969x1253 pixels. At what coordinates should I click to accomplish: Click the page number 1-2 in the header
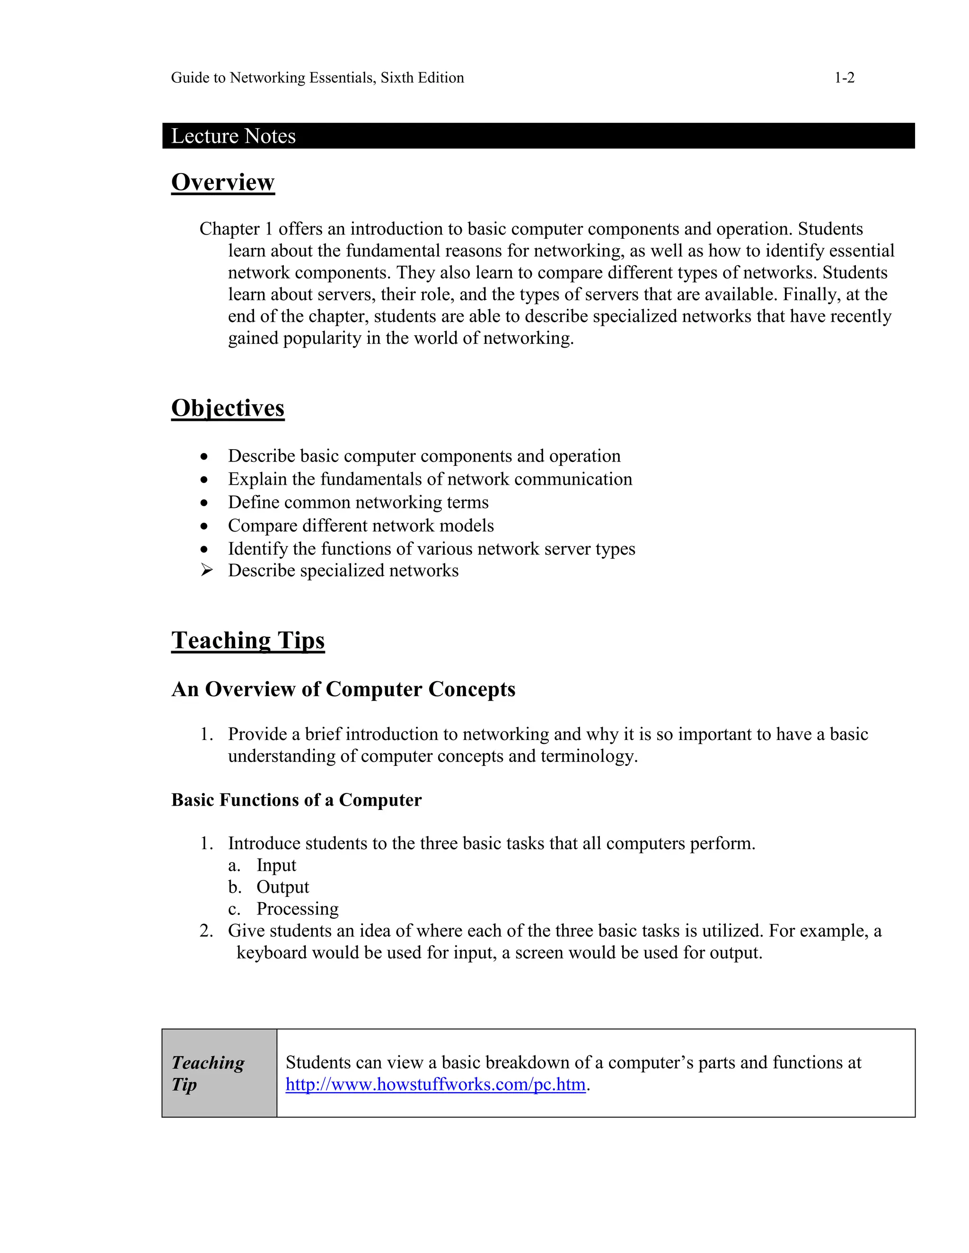coord(844,78)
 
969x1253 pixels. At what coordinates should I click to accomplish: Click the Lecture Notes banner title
coord(233,136)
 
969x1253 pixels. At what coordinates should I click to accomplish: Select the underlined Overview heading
coord(223,182)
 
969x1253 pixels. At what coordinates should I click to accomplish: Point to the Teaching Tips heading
coord(247,640)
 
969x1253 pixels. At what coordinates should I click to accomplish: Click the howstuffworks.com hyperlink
coord(435,1084)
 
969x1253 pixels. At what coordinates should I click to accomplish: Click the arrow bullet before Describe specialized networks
coord(207,570)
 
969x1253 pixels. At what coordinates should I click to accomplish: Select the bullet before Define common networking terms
coord(204,503)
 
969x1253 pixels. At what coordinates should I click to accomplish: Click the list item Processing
coord(297,909)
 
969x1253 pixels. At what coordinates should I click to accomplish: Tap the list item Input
coord(276,865)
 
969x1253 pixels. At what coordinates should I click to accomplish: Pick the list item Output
coord(282,887)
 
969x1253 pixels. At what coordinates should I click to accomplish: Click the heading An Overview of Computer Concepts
coord(344,689)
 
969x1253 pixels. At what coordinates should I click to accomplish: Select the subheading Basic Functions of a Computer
coord(296,800)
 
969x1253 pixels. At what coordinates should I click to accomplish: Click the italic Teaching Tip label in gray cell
coord(207,1073)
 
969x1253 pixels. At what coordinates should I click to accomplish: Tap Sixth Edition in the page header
coord(422,78)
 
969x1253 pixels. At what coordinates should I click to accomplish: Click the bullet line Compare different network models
coord(361,525)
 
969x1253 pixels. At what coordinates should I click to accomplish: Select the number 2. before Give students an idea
coord(206,931)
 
